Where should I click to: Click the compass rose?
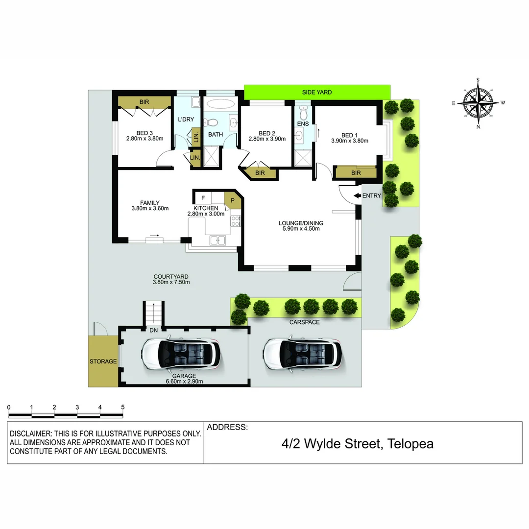478,103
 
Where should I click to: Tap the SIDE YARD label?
316,92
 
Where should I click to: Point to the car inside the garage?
181,353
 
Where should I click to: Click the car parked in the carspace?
302,353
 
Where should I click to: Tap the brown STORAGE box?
103,361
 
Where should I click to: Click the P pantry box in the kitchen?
233,199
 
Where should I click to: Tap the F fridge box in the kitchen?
203,198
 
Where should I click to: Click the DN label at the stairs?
153,331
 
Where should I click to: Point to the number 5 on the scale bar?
122,407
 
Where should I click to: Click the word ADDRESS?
227,427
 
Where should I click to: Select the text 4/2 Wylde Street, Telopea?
358,444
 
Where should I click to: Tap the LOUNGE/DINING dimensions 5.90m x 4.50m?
301,229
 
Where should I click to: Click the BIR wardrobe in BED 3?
144,102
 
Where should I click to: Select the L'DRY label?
186,120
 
